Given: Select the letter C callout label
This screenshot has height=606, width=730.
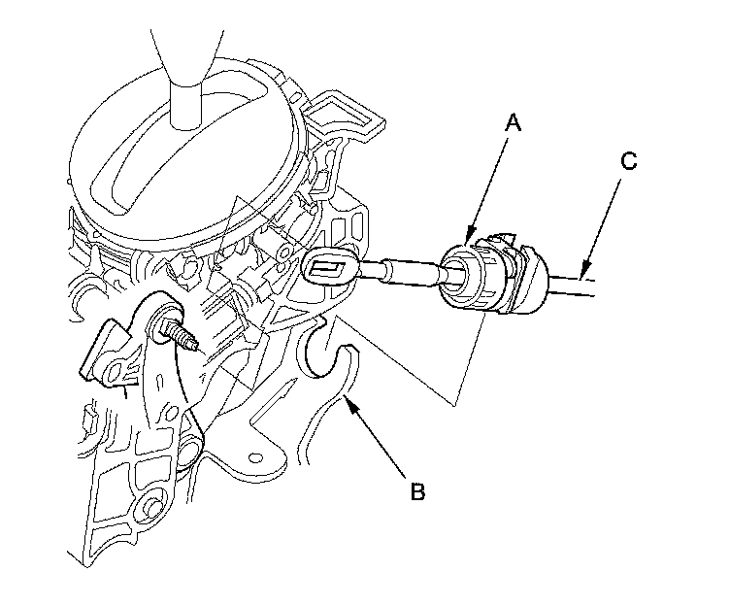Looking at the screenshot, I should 628,161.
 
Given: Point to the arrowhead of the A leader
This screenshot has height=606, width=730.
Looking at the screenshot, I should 467,241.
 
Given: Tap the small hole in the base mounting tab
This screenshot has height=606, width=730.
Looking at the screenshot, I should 258,454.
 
